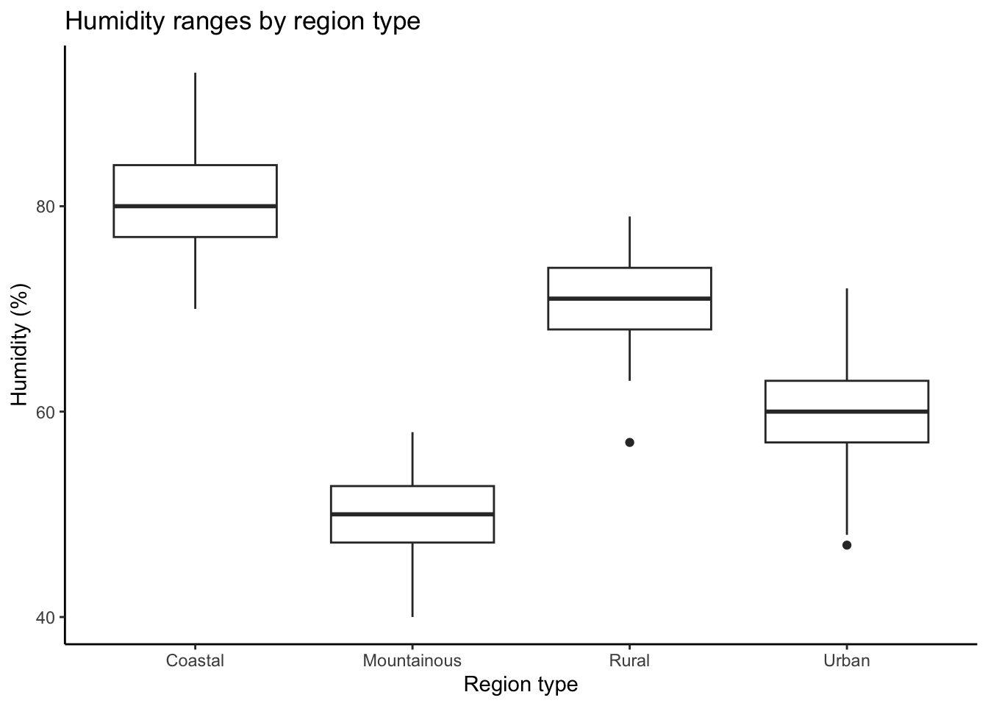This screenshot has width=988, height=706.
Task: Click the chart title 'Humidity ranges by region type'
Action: [x=243, y=21]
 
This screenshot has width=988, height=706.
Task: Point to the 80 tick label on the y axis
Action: [x=45, y=207]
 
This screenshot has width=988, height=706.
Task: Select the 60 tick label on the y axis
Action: [x=45, y=412]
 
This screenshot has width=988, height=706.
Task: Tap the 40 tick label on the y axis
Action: [x=45, y=618]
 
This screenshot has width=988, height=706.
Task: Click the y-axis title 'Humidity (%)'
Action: [x=20, y=345]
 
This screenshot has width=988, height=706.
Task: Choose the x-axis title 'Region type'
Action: [x=520, y=685]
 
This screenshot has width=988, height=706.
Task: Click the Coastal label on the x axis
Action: [x=195, y=660]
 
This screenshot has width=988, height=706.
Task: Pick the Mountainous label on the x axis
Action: [x=412, y=660]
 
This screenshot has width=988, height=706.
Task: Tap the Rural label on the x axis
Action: [x=629, y=660]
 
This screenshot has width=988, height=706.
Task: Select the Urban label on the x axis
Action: [x=847, y=660]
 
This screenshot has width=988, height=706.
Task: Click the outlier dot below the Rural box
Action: [x=630, y=443]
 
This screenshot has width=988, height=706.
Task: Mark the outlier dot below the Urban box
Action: [x=847, y=546]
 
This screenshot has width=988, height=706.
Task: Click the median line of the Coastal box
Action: [x=195, y=206]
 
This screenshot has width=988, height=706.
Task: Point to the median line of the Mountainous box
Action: [x=412, y=514]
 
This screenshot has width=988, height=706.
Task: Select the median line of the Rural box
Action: [x=630, y=299]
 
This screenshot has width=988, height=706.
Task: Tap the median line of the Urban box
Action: [x=847, y=412]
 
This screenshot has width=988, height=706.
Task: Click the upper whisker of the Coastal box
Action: [x=195, y=119]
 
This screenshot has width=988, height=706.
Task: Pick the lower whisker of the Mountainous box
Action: [x=412, y=580]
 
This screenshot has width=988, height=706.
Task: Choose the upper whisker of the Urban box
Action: [x=847, y=335]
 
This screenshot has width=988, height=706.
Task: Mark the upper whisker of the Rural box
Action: [x=630, y=242]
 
